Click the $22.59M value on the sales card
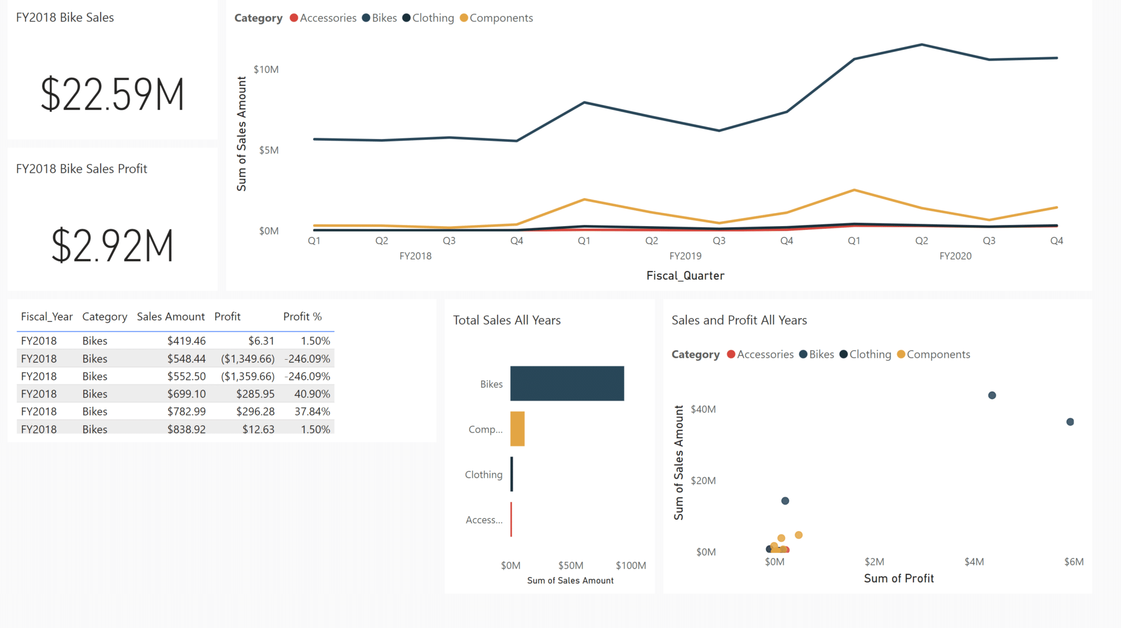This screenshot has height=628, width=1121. coord(112,94)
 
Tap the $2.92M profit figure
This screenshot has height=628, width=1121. coord(112,245)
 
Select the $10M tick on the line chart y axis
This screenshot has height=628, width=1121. coord(266,70)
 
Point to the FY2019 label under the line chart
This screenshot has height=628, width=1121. coord(685,256)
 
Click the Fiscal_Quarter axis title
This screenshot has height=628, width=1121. coord(685,275)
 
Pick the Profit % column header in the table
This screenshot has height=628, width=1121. coord(302,316)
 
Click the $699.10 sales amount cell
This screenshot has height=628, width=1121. coord(186,394)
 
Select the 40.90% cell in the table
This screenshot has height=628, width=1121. coord(312,394)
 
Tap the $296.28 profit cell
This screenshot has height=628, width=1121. coord(255,411)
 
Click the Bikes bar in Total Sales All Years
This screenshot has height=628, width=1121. coord(567,383)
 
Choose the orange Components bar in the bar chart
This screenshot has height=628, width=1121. coord(517,429)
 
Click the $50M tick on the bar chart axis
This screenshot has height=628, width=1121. coord(570,565)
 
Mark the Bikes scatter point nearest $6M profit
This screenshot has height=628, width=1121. coord(1070,422)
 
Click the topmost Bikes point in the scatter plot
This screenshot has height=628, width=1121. coord(992,395)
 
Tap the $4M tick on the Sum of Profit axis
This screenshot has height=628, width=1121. coord(974,562)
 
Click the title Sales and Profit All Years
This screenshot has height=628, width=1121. coord(739,320)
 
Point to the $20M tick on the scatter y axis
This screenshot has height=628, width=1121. coord(703,481)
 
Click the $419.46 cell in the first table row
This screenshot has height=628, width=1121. coord(186,341)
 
